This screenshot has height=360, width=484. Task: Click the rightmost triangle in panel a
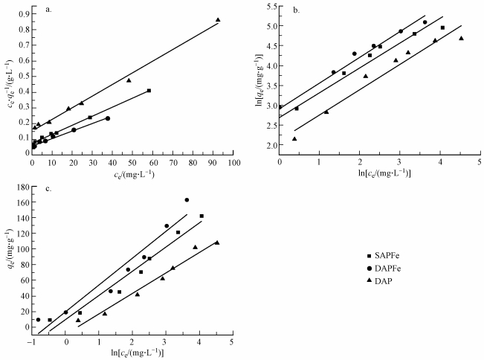point(218,20)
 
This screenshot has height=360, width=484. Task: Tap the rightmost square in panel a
point(149,91)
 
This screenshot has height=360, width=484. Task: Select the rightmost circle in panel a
point(108,118)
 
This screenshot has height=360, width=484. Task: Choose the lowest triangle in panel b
point(294,139)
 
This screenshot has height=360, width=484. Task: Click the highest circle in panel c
point(187,200)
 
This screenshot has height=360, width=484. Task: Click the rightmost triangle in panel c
point(217,242)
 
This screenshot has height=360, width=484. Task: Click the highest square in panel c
point(201,216)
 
